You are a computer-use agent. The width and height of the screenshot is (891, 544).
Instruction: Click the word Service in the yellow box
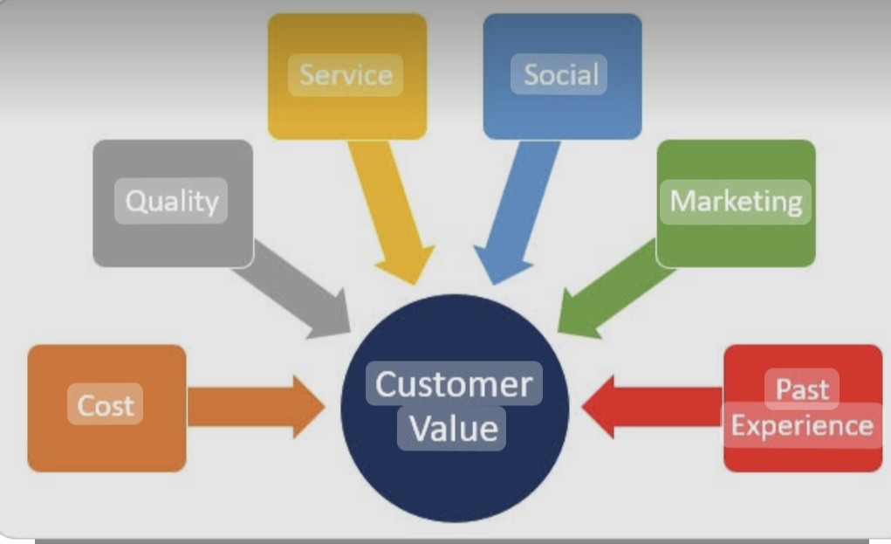pyautogui.click(x=346, y=75)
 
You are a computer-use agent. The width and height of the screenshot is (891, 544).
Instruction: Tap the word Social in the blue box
pyautogui.click(x=561, y=74)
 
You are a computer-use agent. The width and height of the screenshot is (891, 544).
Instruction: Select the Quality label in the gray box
pyautogui.click(x=172, y=202)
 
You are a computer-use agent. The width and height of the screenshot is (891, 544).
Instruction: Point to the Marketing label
pyautogui.click(x=736, y=202)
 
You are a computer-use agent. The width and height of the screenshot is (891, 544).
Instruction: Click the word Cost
pyautogui.click(x=105, y=405)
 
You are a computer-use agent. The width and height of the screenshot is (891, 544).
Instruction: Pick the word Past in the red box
pyautogui.click(x=802, y=389)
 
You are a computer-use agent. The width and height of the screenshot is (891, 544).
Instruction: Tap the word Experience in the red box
pyautogui.click(x=802, y=426)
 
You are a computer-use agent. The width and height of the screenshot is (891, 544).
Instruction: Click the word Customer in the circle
pyautogui.click(x=454, y=384)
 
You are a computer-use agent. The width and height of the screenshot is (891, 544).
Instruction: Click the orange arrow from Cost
pyautogui.click(x=256, y=406)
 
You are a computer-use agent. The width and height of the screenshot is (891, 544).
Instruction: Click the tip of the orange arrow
pyautogui.click(x=325, y=406)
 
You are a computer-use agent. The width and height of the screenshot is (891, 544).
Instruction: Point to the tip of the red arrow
pyautogui.click(x=582, y=407)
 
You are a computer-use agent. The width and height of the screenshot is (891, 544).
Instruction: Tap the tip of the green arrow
pyautogui.click(x=558, y=332)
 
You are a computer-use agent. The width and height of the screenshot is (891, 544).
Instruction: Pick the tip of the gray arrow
pyautogui.click(x=350, y=333)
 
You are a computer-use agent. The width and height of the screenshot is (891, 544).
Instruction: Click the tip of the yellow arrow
pyautogui.click(x=417, y=284)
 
